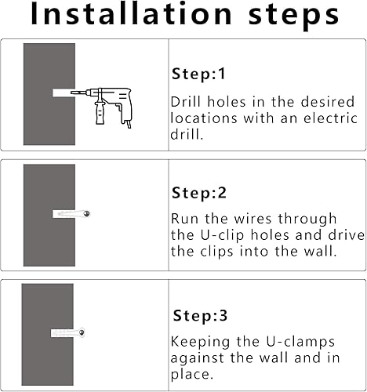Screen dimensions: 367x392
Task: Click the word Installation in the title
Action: click(x=131, y=13)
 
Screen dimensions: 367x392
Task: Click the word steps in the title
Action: click(x=294, y=16)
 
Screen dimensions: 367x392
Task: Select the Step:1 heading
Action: click(x=198, y=74)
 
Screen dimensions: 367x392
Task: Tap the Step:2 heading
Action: click(x=198, y=193)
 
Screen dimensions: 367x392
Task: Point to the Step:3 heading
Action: click(x=200, y=315)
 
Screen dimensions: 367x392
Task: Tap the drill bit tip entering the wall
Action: click(x=72, y=93)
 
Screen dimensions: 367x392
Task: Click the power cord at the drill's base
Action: click(x=129, y=124)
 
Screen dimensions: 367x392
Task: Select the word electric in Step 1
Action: click(x=330, y=118)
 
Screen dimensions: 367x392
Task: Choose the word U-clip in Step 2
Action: click(x=222, y=236)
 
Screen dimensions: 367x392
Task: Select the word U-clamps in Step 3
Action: click(x=300, y=343)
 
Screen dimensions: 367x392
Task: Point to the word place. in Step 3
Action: click(x=191, y=375)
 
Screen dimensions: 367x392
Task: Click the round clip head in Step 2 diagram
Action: click(x=86, y=214)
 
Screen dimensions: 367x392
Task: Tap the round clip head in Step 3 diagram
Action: click(x=82, y=332)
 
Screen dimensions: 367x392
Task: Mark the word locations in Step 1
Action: click(x=204, y=118)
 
